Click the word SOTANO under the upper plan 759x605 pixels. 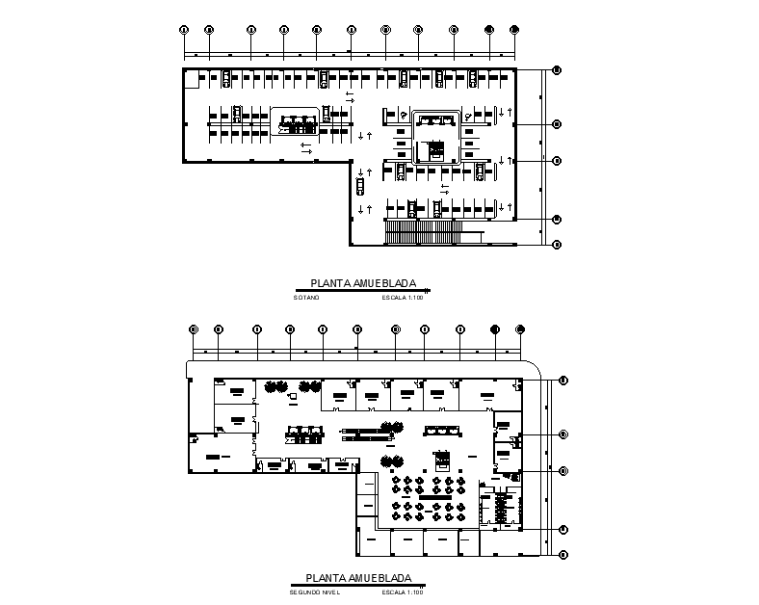pyautogui.click(x=304, y=298)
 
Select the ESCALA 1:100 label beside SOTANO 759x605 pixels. pyautogui.click(x=403, y=298)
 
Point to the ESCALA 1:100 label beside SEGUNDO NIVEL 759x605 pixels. pyautogui.click(x=403, y=592)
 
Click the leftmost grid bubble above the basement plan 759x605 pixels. pyautogui.click(x=184, y=29)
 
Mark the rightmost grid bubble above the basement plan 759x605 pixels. pyautogui.click(x=514, y=29)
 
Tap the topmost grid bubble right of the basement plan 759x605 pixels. pyautogui.click(x=557, y=69)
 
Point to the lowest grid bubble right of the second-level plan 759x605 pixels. pyautogui.click(x=563, y=554)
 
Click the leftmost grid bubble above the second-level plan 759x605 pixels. pyautogui.click(x=194, y=329)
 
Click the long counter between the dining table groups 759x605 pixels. pyautogui.click(x=430, y=496)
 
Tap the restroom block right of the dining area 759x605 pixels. pyautogui.click(x=500, y=507)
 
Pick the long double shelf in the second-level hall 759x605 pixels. pyautogui.click(x=367, y=434)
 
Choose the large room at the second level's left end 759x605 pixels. pyautogui.click(x=220, y=452)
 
